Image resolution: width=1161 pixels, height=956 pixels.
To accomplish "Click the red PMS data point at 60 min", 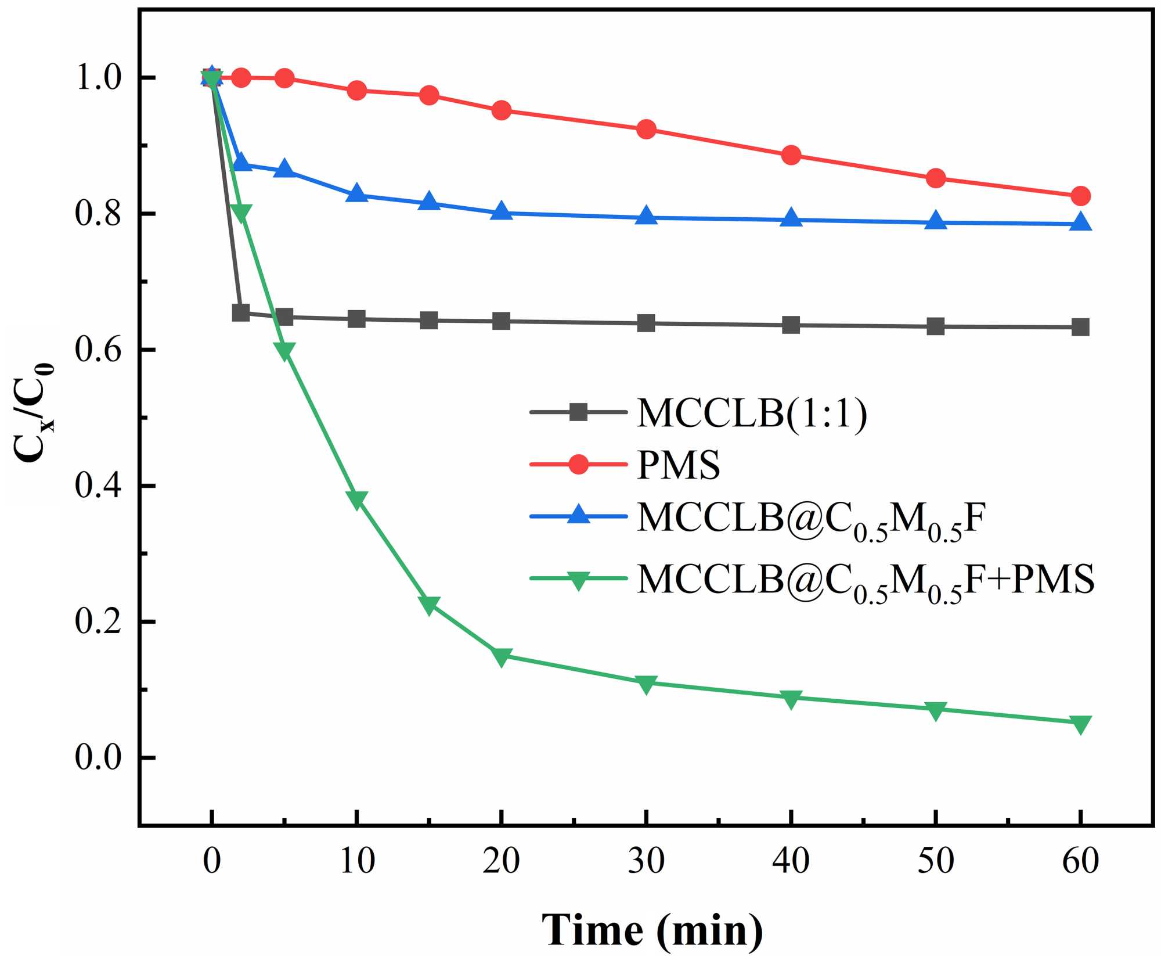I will click(x=1080, y=196).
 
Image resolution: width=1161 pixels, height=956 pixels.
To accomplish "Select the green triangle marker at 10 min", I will click(x=357, y=499).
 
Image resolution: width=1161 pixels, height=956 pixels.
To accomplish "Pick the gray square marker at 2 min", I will click(x=241, y=313).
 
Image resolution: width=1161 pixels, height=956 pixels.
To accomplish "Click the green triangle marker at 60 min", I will click(x=1080, y=724).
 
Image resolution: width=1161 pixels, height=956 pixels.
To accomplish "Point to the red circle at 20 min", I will click(x=502, y=110).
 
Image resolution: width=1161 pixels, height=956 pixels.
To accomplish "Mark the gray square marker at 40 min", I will click(x=791, y=325).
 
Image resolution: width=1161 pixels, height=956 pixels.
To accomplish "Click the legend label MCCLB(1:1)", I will click(x=752, y=414).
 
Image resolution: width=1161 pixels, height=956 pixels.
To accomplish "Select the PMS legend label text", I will click(x=678, y=465).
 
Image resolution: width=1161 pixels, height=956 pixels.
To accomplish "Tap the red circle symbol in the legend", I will click(x=578, y=464).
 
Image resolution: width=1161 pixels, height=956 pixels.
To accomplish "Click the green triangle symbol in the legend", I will click(x=578, y=580).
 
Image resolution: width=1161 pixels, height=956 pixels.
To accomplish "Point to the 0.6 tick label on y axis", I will click(x=98, y=350).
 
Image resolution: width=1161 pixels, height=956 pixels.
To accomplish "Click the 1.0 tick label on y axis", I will click(x=98, y=78).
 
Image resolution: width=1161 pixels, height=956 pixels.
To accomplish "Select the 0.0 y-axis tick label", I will click(x=98, y=758).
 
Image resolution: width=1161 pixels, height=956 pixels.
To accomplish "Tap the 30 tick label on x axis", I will click(x=646, y=861).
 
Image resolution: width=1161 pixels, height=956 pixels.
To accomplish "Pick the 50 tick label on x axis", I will click(x=936, y=861).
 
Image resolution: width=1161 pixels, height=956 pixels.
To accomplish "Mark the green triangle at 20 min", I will click(x=502, y=657).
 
